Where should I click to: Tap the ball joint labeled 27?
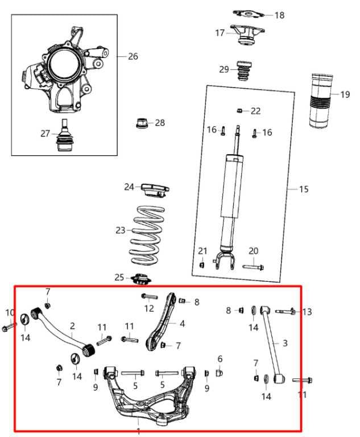coord(65,137)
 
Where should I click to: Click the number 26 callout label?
coord(133,56)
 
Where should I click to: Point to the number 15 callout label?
coord(304,189)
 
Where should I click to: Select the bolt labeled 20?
coord(253,265)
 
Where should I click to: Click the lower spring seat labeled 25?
coord(140,279)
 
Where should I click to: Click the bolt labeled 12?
coord(148,296)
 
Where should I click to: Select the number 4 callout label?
coord(182,324)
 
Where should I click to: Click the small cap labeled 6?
coord(220,373)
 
